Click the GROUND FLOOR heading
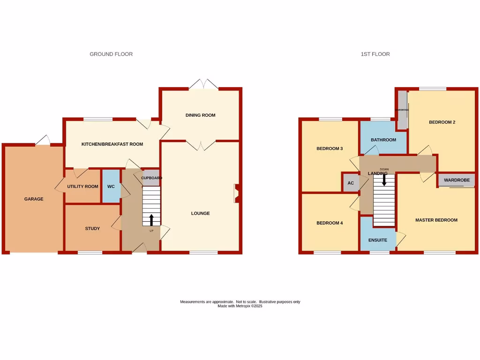click(111, 54)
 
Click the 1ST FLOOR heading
click(375, 54)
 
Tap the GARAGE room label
click(34, 199)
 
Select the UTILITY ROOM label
click(82, 187)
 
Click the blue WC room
click(111, 186)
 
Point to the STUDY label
click(92, 229)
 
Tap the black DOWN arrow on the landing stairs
click(384, 179)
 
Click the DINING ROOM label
click(200, 115)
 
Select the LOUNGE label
click(200, 213)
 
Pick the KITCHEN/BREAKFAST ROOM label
click(112, 144)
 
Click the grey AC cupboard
click(351, 183)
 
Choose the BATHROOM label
click(383, 140)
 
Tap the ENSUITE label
click(378, 240)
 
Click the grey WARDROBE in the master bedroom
click(457, 180)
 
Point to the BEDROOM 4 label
click(330, 223)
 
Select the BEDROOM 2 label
click(442, 122)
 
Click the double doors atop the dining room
click(204, 84)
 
